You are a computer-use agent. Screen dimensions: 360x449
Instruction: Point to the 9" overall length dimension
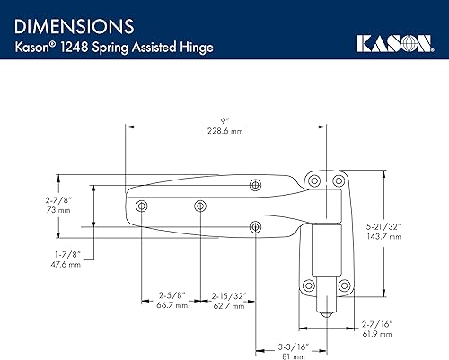coord(233,119)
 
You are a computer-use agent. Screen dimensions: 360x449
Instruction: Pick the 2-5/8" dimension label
coord(171,295)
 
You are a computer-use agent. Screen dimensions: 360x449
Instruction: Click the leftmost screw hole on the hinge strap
coord(141,206)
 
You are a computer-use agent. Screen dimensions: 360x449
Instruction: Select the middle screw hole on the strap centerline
coord(198,206)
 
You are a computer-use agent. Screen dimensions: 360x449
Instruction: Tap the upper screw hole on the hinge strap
coord(256,185)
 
